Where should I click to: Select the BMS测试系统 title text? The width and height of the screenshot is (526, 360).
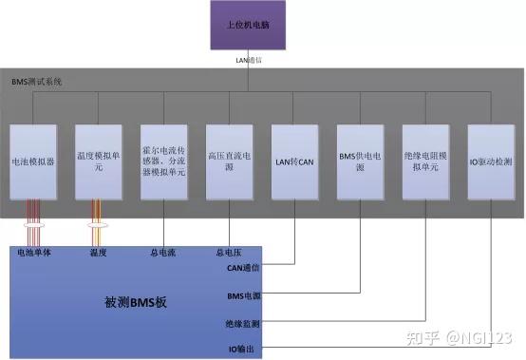pos(36,84)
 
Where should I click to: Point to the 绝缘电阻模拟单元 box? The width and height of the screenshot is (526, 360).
pos(423,161)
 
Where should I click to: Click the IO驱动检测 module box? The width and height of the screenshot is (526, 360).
pos(489,161)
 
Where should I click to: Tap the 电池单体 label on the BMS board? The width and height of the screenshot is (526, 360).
pos(35,252)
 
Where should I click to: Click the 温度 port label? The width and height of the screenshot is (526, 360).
pos(98,252)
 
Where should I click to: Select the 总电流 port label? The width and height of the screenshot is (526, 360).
pos(165,252)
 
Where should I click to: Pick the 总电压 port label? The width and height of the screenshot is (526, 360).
pos(229,252)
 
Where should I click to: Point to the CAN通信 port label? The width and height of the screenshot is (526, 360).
pos(242,269)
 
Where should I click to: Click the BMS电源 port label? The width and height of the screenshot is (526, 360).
pos(242,296)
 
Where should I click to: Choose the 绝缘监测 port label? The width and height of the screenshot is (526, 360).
pos(242,324)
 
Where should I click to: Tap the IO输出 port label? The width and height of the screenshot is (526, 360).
pos(243,350)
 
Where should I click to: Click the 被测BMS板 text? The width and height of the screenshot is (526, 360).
pos(134,303)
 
